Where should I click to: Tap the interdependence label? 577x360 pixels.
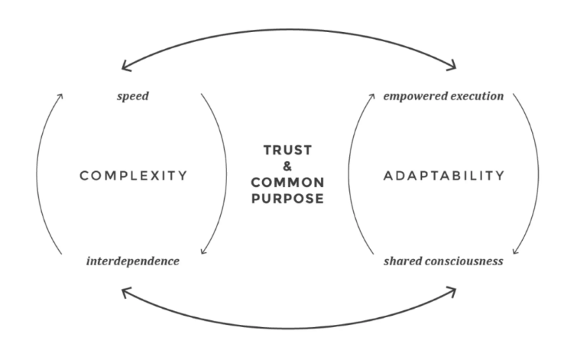(x=134, y=261)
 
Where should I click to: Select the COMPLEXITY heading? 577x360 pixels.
(x=134, y=176)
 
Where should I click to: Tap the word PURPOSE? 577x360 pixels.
(x=288, y=199)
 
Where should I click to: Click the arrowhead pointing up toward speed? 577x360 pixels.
(x=60, y=96)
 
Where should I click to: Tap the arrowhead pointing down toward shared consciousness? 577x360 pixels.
(x=517, y=252)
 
